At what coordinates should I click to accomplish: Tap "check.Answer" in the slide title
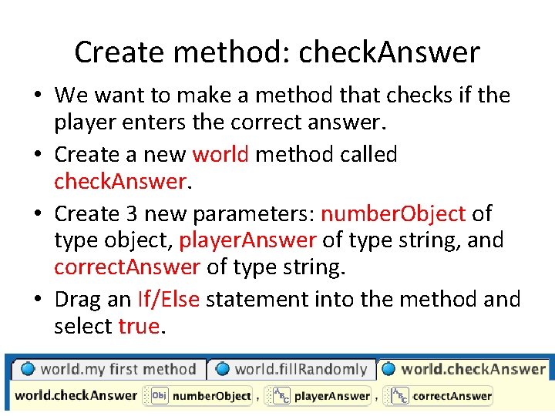(x=389, y=52)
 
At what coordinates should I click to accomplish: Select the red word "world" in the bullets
(x=220, y=154)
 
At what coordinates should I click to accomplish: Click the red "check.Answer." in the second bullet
(x=122, y=181)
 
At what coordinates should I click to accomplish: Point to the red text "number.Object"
(x=393, y=213)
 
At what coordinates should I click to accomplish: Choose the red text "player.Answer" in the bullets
(x=247, y=240)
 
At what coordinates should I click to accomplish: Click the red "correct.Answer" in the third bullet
(x=127, y=267)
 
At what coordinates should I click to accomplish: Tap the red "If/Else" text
(x=169, y=299)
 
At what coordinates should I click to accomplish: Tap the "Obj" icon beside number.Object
(x=159, y=396)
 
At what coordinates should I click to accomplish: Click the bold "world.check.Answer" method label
(x=76, y=396)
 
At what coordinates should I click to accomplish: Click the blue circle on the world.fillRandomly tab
(x=223, y=369)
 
